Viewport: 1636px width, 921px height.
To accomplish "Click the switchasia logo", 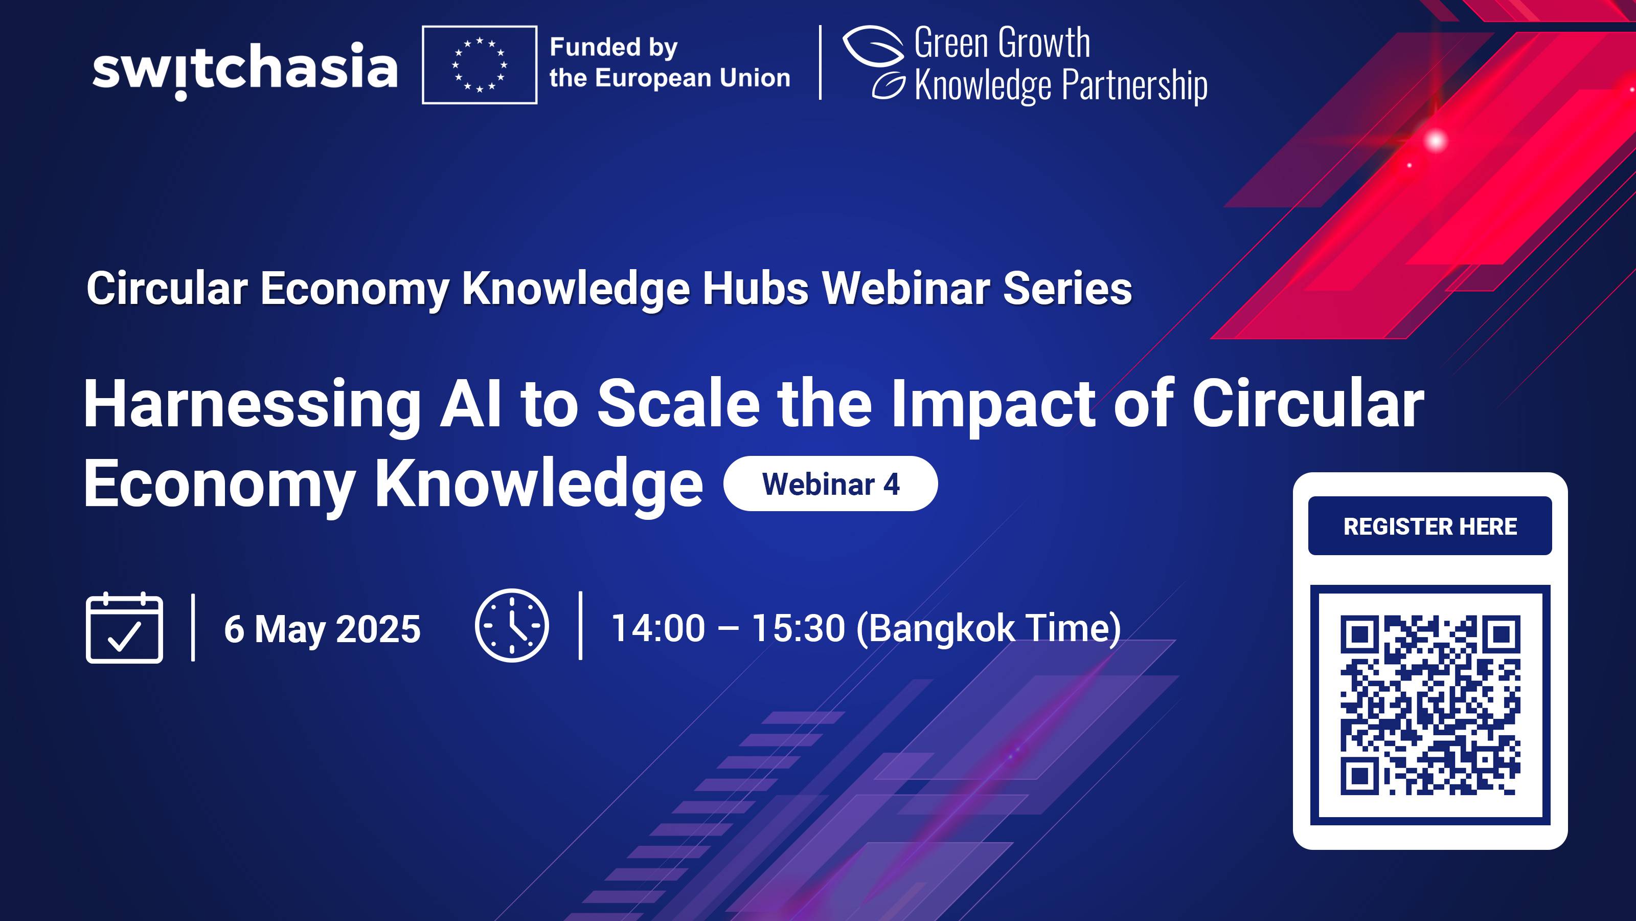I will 245,69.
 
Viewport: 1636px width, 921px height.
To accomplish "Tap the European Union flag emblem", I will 480,65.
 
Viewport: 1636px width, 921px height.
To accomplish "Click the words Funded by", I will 613,48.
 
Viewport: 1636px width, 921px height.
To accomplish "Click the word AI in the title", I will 470,404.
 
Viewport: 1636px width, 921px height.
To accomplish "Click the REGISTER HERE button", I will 1429,527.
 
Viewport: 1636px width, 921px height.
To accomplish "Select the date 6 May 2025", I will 322,629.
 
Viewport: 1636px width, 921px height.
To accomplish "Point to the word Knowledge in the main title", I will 538,485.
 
